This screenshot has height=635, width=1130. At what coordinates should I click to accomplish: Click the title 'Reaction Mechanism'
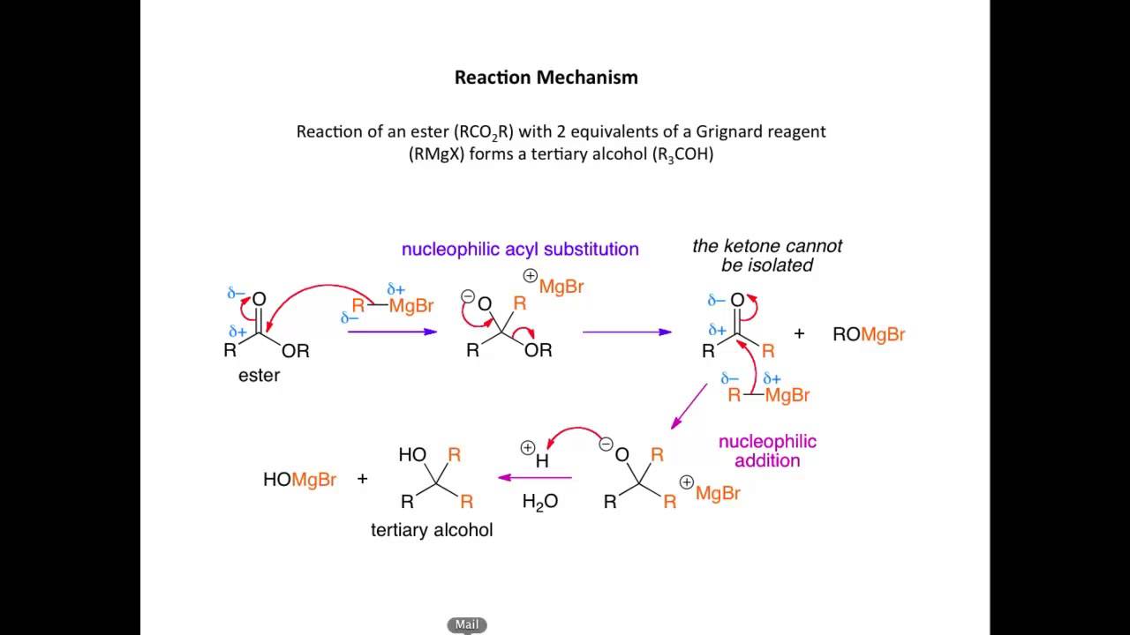(546, 78)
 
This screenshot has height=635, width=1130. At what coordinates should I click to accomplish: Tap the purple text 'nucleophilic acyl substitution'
(520, 249)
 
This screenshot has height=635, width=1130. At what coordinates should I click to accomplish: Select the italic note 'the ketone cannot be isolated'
(767, 255)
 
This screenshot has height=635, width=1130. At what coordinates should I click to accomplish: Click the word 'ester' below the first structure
(259, 375)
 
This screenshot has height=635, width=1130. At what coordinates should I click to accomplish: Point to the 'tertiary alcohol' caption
(432, 530)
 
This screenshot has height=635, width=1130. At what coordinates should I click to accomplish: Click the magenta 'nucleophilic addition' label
(767, 450)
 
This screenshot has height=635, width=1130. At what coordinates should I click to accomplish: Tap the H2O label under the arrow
(539, 502)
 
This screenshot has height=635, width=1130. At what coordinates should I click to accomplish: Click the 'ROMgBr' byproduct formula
(869, 334)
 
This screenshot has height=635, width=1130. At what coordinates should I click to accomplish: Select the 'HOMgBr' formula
(299, 480)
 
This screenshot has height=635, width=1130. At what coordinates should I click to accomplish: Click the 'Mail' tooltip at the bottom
(467, 624)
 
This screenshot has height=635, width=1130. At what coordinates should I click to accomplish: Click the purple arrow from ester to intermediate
(392, 332)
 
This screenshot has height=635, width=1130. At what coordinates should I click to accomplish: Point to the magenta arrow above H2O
(535, 477)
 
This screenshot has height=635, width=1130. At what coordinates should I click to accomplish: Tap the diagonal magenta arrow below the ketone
(689, 406)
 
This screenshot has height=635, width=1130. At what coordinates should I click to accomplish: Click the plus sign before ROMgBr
(800, 333)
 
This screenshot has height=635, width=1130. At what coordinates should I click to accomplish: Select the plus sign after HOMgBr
(363, 479)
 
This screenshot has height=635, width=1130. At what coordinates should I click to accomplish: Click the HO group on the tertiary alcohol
(412, 455)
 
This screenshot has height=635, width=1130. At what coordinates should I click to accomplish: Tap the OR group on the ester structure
(296, 351)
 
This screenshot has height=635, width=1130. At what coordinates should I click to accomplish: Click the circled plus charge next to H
(527, 448)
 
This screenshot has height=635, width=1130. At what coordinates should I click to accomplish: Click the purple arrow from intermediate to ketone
(627, 332)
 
